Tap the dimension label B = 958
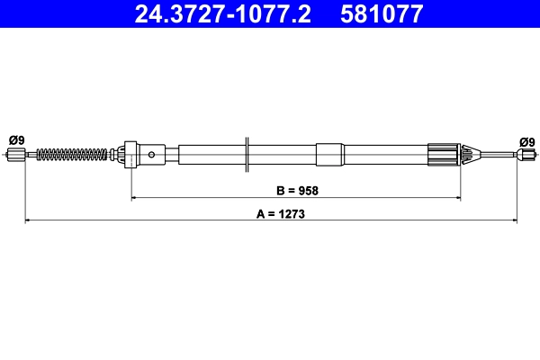click(x=296, y=190)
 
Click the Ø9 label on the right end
click(x=526, y=141)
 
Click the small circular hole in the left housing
click(x=152, y=155)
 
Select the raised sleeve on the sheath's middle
click(x=329, y=154)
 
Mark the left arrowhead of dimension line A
click(x=28, y=220)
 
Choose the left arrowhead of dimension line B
click(x=135, y=197)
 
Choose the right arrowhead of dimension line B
click(x=458, y=197)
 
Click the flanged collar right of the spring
click(x=129, y=154)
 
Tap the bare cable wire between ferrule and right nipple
click(x=495, y=155)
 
